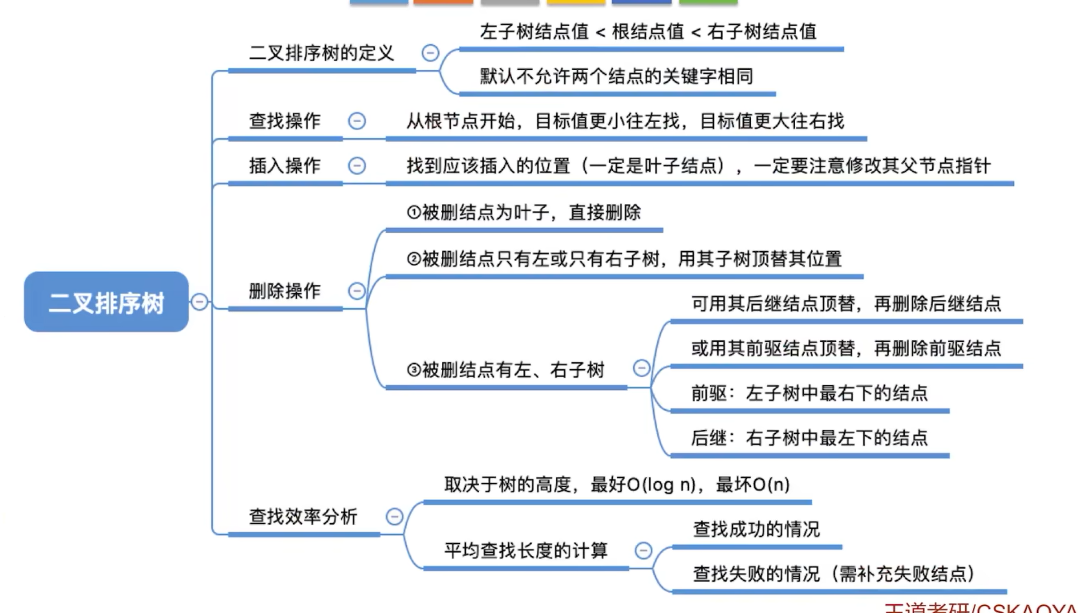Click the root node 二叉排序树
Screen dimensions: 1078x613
click(106, 302)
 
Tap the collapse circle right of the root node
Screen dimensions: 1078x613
click(200, 302)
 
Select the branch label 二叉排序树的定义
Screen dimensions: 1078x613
click(322, 53)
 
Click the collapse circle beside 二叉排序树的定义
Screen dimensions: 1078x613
click(430, 53)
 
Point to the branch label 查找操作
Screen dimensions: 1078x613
click(285, 121)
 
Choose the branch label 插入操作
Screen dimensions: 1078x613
click(285, 166)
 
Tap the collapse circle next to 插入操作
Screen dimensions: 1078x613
click(357, 166)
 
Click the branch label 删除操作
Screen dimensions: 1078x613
click(285, 291)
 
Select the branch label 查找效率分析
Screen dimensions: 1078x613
click(303, 517)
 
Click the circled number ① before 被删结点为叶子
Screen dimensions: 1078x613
click(414, 212)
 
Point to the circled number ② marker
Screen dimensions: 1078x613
click(414, 259)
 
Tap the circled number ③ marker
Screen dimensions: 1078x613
click(414, 370)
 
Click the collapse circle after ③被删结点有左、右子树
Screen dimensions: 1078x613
click(642, 368)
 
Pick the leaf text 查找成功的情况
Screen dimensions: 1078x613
click(757, 529)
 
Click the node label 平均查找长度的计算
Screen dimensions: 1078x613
click(526, 551)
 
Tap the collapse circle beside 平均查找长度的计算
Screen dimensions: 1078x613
click(644, 551)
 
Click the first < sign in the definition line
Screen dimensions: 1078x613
click(601, 33)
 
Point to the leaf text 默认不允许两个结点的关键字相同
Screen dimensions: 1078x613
click(617, 76)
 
